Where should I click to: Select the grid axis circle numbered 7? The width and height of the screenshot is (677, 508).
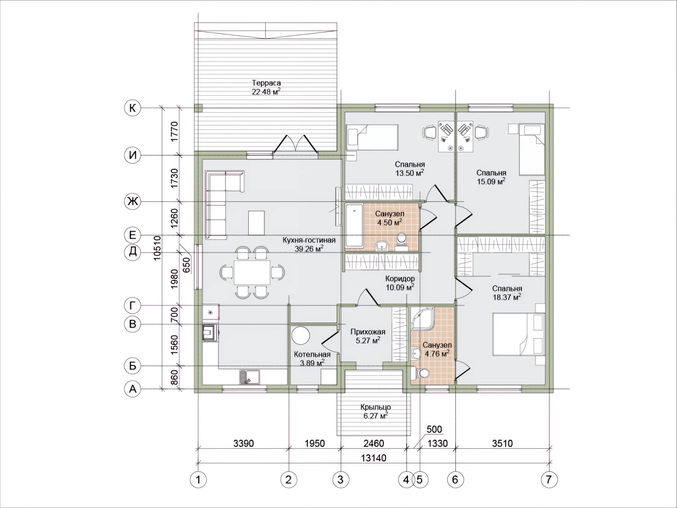coord(549,479)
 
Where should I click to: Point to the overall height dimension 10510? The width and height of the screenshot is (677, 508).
coord(157,248)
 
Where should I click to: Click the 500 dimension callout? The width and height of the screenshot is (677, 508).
coord(434,429)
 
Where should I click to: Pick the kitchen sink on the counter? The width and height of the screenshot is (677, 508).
coord(249,377)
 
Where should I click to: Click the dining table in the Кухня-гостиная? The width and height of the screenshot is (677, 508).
coord(252,272)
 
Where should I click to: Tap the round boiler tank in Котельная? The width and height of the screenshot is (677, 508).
coord(300,335)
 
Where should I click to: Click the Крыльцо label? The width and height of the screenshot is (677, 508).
coord(376,407)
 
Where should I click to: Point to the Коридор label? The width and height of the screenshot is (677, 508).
coord(400,279)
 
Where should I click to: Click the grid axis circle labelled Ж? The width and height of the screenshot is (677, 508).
coord(132,202)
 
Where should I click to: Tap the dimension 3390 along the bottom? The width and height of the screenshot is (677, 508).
coord(244,443)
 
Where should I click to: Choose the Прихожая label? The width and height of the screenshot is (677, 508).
coord(368,332)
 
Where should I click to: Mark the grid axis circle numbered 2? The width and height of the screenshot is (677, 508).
coord(289,479)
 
